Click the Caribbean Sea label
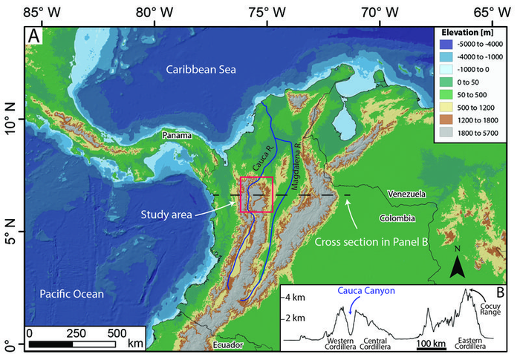(200, 70)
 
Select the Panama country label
(178, 136)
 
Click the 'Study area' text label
(166, 215)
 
